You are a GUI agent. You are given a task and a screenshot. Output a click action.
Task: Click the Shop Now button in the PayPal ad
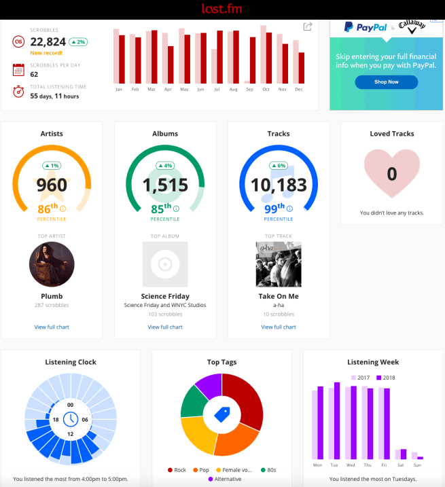(x=386, y=82)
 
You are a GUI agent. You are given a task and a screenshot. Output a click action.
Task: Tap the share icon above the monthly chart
(x=308, y=26)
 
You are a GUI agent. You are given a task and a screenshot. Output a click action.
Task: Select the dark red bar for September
(x=253, y=60)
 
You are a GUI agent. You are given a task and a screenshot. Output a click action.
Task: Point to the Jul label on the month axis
(x=217, y=90)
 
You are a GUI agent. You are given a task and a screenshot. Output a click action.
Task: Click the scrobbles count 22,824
(x=48, y=42)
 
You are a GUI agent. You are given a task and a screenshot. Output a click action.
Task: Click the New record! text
(x=46, y=52)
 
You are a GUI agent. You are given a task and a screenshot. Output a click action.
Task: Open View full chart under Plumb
(x=52, y=327)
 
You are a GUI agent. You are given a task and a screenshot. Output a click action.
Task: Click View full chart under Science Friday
(x=165, y=327)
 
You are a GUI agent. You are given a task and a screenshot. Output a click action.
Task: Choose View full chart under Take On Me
(x=279, y=327)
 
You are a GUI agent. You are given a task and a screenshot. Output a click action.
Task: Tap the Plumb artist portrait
(x=52, y=265)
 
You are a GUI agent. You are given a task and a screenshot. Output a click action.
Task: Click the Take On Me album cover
(x=279, y=264)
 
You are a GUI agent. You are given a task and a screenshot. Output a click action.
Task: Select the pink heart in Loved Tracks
(x=392, y=175)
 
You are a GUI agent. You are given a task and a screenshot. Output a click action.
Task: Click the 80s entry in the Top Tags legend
(x=270, y=470)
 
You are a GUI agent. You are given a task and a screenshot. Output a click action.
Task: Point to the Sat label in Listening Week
(x=400, y=465)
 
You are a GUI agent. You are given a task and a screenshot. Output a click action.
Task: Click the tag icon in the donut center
(x=222, y=414)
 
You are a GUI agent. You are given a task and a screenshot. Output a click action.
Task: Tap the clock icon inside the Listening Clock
(x=71, y=419)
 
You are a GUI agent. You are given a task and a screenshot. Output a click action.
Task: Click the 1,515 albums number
(x=165, y=184)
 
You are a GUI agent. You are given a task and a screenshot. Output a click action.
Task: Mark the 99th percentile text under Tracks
(x=275, y=209)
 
